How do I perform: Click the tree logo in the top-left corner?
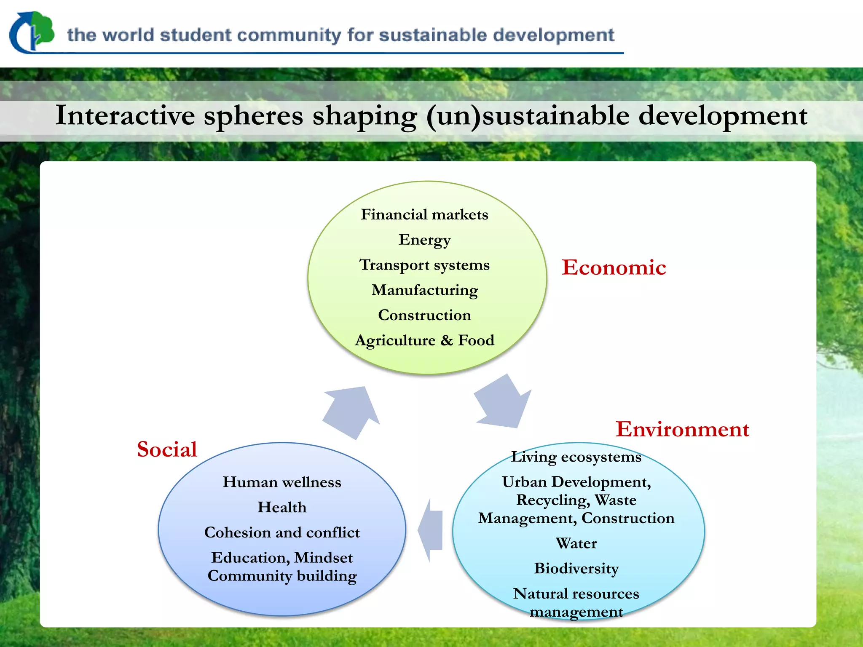pyautogui.click(x=32, y=32)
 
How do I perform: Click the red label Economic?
pyautogui.click(x=614, y=267)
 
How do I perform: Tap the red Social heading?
pyautogui.click(x=167, y=449)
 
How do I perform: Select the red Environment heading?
pyautogui.click(x=682, y=429)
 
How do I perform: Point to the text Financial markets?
pyautogui.click(x=424, y=214)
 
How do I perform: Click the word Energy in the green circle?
pyautogui.click(x=424, y=240)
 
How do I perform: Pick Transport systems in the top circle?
pyautogui.click(x=424, y=265)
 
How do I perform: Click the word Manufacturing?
pyautogui.click(x=424, y=290)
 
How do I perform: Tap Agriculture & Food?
pyautogui.click(x=424, y=340)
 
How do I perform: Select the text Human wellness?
pyautogui.click(x=282, y=482)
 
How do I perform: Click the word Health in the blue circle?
pyautogui.click(x=282, y=507)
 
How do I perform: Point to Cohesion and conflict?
pyautogui.click(x=282, y=532)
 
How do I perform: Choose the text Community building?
pyautogui.click(x=282, y=576)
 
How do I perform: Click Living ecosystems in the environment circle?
pyautogui.click(x=576, y=457)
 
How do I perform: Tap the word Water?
pyautogui.click(x=576, y=543)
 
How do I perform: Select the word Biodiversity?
pyautogui.click(x=576, y=569)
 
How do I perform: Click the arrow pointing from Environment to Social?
pyautogui.click(x=431, y=530)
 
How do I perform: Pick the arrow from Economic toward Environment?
pyautogui.click(x=502, y=402)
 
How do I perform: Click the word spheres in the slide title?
pyautogui.click(x=253, y=115)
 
